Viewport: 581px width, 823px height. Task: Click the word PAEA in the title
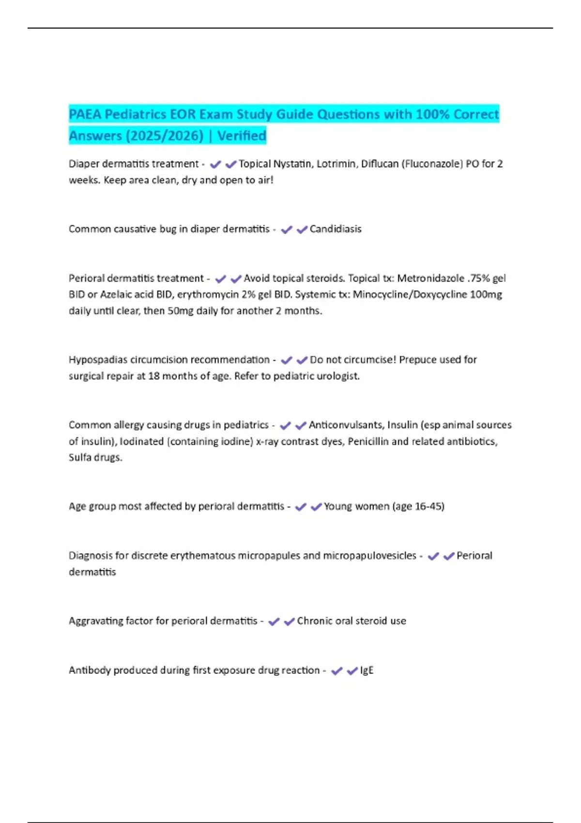tap(85, 115)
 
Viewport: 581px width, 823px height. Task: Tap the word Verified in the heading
tap(242, 136)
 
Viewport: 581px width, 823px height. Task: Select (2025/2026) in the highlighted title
tap(165, 136)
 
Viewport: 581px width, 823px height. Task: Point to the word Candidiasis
tap(336, 229)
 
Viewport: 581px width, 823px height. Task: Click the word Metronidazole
tap(430, 278)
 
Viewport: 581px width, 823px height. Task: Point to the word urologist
tap(337, 376)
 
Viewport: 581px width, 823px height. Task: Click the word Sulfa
tap(80, 457)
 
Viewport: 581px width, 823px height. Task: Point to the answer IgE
tap(367, 671)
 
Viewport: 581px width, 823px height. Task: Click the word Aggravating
tap(95, 621)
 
